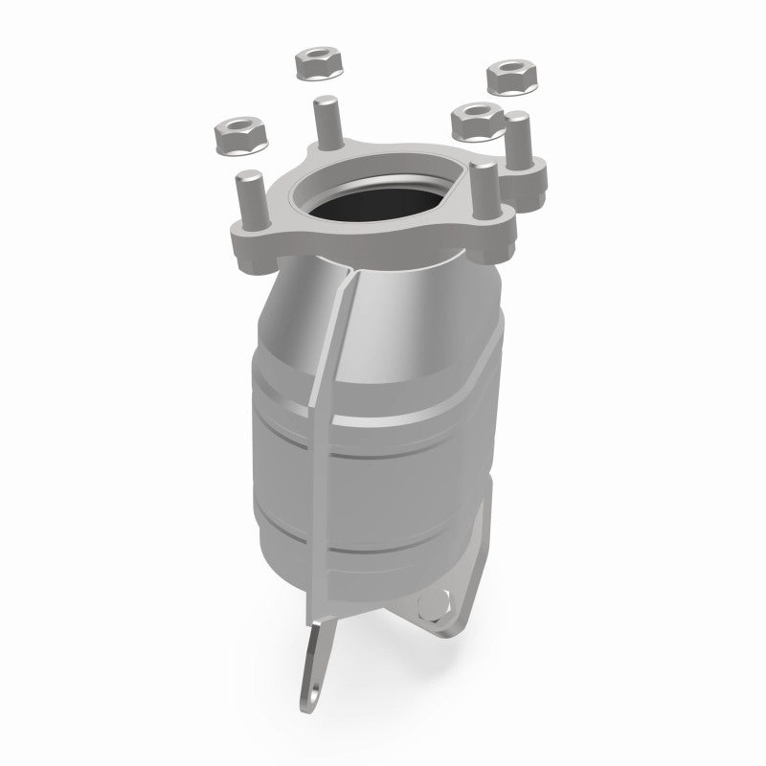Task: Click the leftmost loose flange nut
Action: [234, 133]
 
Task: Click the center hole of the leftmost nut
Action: [233, 126]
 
